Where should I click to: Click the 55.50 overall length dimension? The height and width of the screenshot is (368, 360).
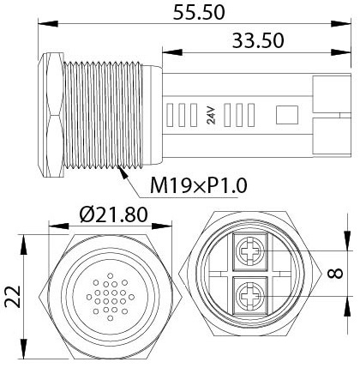point(199,13)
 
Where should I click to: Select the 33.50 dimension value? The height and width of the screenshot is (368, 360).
point(258,40)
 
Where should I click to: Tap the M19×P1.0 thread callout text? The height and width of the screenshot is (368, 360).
point(199,185)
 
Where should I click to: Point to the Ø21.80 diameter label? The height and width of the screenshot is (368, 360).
point(114,214)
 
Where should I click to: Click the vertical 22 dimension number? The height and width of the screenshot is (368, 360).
point(13,296)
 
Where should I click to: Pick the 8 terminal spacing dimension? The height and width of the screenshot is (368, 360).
point(334,274)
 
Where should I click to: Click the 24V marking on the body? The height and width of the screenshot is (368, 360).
point(211,115)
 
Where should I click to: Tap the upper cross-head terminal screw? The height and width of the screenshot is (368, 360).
point(250,252)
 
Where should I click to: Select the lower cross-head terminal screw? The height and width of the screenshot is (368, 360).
point(250,296)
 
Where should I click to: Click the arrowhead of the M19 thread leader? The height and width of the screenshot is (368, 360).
point(123,172)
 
